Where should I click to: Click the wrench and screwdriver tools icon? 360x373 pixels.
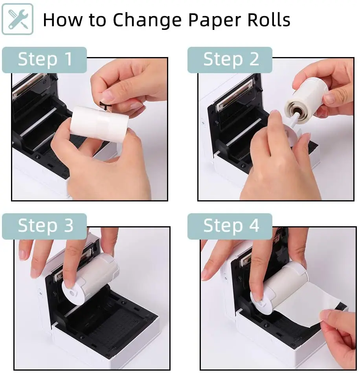pyautogui.click(x=17, y=19)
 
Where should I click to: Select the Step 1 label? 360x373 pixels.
pyautogui.click(x=44, y=60)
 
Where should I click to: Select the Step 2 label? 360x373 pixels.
pyautogui.click(x=230, y=60)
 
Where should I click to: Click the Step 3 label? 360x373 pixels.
pyautogui.click(x=44, y=226)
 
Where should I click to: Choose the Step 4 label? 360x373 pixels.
pyautogui.click(x=230, y=226)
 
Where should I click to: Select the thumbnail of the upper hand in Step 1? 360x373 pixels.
pyautogui.click(x=108, y=96)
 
